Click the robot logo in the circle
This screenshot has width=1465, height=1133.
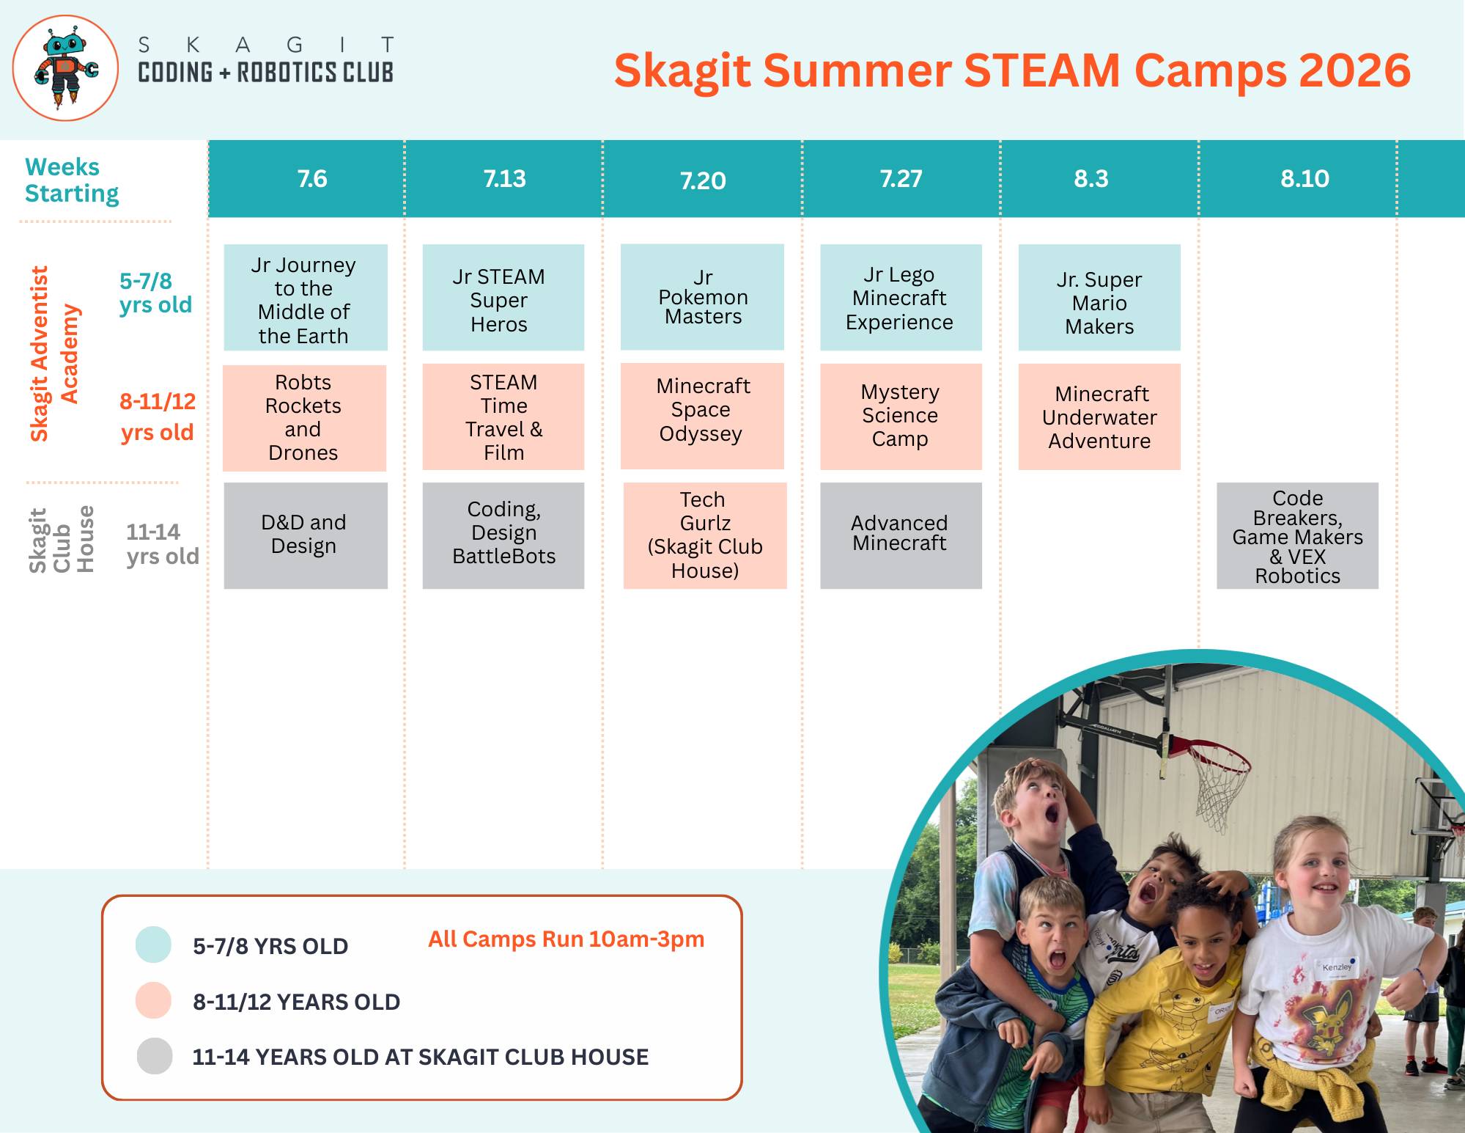[66, 68]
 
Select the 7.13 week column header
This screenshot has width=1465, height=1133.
[504, 178]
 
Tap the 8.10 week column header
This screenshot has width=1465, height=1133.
[1305, 178]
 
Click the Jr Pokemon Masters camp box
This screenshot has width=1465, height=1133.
[702, 297]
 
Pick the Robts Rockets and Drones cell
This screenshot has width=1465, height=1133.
[304, 417]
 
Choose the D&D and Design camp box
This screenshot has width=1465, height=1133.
[306, 535]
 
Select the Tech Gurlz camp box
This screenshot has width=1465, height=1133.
[705, 535]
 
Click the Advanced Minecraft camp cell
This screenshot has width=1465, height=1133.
[901, 535]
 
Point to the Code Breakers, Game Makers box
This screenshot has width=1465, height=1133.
[1297, 535]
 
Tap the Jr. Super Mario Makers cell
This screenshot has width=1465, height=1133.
[1099, 297]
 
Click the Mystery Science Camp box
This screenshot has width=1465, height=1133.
[901, 417]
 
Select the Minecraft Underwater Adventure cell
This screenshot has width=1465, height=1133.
[1099, 417]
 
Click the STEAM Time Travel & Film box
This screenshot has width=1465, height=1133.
[503, 417]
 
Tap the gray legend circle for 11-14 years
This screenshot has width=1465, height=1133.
[155, 1056]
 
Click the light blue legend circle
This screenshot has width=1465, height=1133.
[153, 945]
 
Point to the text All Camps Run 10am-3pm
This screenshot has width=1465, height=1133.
[566, 939]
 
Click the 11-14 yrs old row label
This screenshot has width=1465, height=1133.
[162, 544]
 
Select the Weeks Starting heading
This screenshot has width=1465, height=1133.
[72, 180]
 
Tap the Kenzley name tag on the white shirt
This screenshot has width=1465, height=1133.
[1337, 968]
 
